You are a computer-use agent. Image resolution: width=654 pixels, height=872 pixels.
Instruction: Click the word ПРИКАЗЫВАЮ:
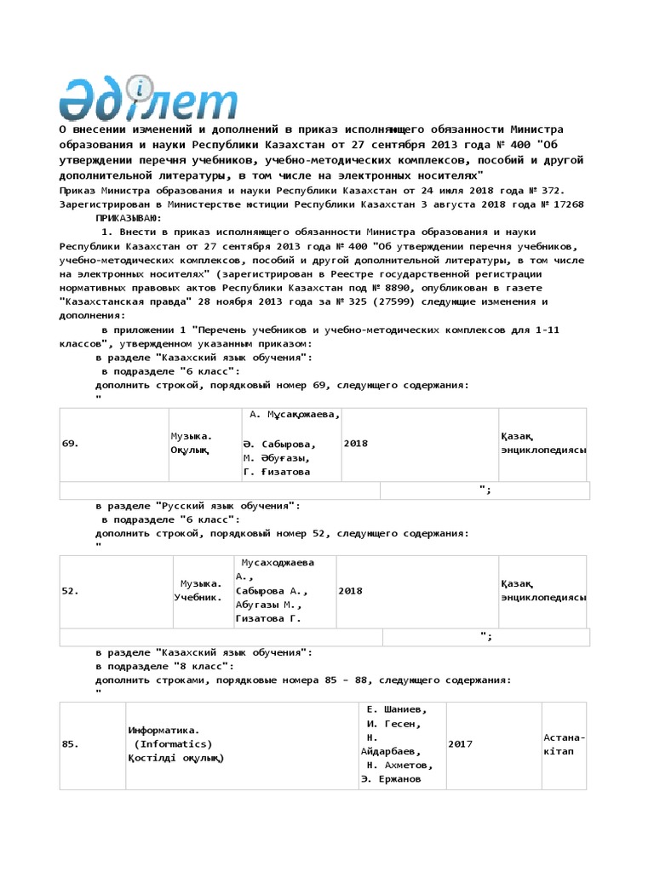[130, 218]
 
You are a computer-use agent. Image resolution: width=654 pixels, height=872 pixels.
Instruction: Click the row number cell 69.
[72, 444]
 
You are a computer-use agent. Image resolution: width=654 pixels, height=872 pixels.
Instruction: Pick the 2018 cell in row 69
[356, 444]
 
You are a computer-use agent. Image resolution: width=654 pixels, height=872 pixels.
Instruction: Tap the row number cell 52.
[72, 591]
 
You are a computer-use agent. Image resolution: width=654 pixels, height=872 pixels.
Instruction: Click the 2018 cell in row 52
[350, 591]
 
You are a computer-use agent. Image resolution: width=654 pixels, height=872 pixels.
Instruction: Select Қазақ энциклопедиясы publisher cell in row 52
[542, 590]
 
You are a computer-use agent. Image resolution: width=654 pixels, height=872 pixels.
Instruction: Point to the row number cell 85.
[72, 744]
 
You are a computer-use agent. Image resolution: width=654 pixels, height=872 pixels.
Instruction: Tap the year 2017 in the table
[460, 744]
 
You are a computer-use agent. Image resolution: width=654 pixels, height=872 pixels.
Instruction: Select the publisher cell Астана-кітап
[564, 744]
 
